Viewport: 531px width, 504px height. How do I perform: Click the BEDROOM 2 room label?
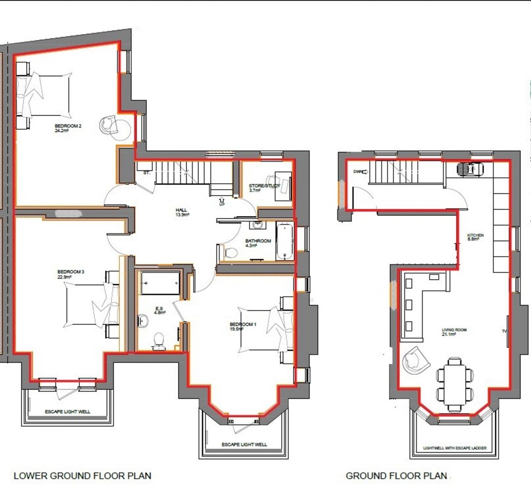(68, 128)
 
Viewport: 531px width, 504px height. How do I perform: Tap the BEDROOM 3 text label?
(70, 274)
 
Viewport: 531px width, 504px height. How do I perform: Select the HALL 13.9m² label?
(182, 212)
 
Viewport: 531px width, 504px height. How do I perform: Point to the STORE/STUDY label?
(264, 188)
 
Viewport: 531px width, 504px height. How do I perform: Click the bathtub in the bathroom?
(284, 241)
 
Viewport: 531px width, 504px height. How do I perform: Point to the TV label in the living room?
(503, 331)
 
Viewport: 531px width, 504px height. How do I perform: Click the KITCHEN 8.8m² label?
(476, 237)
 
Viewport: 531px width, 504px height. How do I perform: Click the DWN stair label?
(358, 172)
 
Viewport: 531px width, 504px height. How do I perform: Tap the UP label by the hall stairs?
(222, 204)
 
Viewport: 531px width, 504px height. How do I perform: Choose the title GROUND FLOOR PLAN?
(397, 476)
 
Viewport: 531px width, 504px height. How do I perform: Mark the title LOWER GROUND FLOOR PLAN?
(82, 476)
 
